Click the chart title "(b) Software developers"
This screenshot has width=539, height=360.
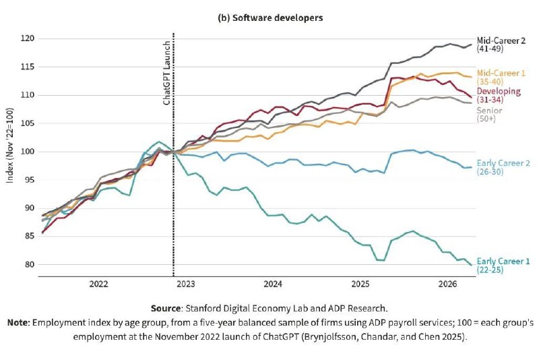tap(271, 18)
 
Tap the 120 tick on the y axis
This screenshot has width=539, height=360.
tap(28, 38)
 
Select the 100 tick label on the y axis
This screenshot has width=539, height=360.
tap(28, 152)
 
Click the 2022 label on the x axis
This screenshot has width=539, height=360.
tap(98, 284)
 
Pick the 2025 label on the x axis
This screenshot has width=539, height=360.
tap(360, 284)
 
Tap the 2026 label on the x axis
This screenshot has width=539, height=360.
tap(447, 284)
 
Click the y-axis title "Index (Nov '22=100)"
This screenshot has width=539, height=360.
tap(9, 146)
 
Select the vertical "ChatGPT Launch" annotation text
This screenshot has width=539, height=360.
tap(166, 73)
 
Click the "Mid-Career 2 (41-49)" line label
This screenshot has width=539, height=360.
tap(501, 44)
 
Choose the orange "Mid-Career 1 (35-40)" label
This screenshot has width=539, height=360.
tap(501, 78)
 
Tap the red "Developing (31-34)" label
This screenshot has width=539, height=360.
tap(499, 95)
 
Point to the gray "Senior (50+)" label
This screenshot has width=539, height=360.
tap(489, 115)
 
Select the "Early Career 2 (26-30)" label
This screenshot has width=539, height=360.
tap(503, 167)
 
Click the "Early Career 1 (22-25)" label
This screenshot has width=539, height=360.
tap(503, 266)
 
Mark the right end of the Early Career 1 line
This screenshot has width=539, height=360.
tap(471, 265)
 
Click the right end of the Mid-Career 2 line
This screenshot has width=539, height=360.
tap(471, 44)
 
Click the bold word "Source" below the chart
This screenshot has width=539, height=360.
tap(166, 308)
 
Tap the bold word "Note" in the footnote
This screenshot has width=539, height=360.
tap(19, 323)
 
